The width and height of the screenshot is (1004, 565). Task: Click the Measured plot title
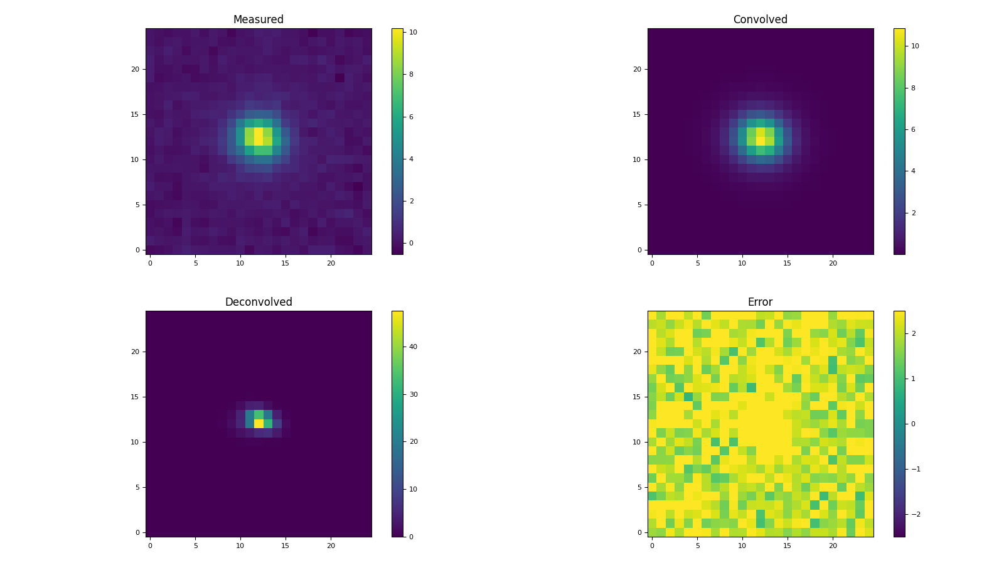tap(258, 19)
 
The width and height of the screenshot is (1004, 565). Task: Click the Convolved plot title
tap(760, 19)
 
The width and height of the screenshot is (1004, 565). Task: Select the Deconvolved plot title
tap(258, 302)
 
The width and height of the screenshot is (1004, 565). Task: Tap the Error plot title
tap(760, 302)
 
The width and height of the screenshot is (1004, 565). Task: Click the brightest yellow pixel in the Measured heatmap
tap(259, 136)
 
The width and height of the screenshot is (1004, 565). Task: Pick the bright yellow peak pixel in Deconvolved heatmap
tap(259, 424)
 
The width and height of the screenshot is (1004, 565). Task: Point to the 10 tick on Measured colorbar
tap(414, 32)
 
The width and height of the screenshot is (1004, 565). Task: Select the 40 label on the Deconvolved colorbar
tap(414, 347)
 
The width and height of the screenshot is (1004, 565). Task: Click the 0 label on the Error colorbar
tap(913, 424)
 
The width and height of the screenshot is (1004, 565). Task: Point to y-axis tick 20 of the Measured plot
tap(134, 69)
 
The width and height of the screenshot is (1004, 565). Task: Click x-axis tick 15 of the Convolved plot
tap(787, 263)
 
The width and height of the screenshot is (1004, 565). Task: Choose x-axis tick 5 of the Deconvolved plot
tap(195, 546)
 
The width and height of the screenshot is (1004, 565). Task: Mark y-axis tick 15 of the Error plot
tap(636, 397)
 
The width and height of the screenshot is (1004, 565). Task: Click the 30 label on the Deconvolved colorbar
tap(414, 394)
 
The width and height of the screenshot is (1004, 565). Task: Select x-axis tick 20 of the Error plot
tap(833, 546)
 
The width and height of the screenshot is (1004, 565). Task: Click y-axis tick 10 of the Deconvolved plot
tap(134, 442)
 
